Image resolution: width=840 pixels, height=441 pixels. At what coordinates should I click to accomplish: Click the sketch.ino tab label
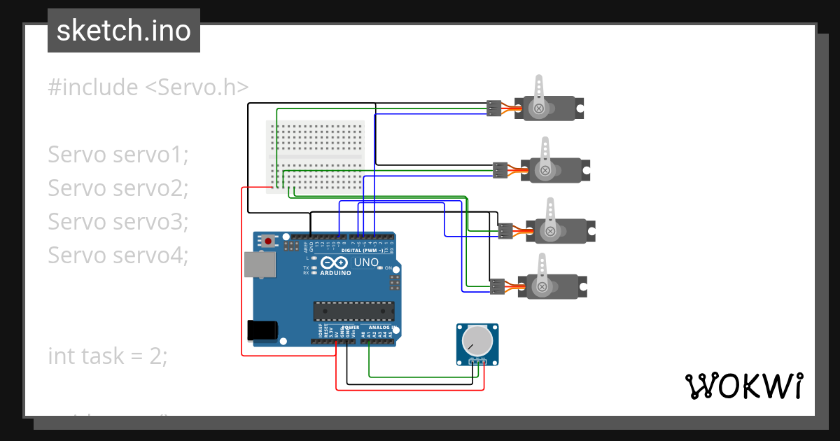[x=123, y=31]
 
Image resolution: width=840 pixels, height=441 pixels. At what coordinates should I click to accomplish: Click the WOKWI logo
[x=743, y=386]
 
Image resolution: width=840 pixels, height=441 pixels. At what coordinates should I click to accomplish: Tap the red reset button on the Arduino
[x=269, y=241]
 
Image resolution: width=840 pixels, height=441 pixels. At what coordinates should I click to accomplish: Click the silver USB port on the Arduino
[x=260, y=264]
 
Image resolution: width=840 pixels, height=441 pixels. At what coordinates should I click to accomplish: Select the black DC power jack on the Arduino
[x=262, y=330]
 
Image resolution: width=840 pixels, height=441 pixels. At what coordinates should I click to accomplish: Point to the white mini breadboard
[x=316, y=156]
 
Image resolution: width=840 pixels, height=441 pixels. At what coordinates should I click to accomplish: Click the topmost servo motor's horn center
[x=539, y=108]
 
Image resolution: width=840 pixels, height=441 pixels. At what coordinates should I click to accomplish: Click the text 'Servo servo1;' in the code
[x=118, y=155]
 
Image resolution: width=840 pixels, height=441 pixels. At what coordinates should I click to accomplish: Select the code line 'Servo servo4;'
[x=118, y=255]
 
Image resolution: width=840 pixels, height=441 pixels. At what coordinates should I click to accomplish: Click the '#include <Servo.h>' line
[x=148, y=87]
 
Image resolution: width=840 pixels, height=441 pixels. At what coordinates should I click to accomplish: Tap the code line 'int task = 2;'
[x=108, y=356]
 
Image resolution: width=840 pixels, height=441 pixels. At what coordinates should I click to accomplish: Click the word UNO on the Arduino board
[x=367, y=262]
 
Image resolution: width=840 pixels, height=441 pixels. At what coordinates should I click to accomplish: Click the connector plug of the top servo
[x=494, y=108]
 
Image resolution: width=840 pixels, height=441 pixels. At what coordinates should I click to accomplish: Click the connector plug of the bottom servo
[x=497, y=286]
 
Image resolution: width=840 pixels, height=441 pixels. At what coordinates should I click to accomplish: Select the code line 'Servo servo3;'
[x=118, y=222]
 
